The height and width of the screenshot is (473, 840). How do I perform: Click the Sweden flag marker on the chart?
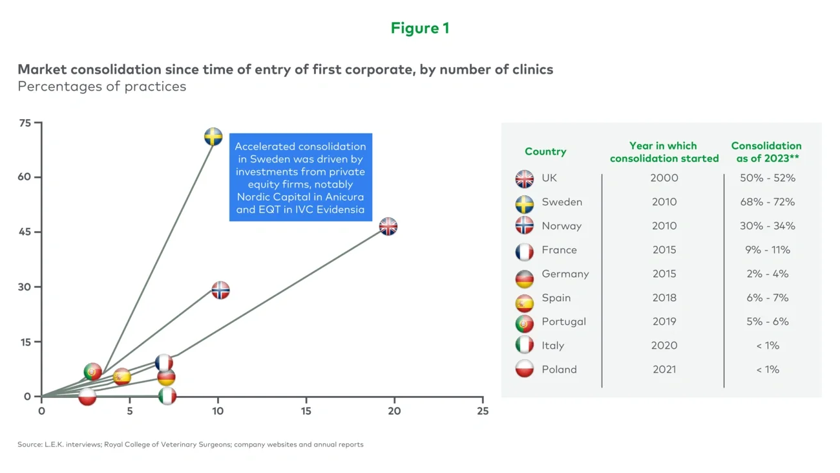213,137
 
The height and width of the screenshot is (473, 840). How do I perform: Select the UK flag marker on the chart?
388,226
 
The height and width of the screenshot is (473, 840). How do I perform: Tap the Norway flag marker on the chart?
220,290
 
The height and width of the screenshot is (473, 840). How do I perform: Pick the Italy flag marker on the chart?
167,396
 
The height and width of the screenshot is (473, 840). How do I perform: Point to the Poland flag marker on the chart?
87,397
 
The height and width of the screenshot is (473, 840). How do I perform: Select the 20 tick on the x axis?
394,411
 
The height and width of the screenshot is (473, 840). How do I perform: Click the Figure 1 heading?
420,28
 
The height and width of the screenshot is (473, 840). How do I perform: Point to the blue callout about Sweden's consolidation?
300,178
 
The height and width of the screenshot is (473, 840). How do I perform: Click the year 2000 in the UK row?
664,178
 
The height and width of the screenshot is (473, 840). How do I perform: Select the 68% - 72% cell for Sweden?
767,202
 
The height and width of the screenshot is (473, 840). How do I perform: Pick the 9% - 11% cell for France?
767,250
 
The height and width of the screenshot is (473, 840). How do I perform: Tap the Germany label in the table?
565,274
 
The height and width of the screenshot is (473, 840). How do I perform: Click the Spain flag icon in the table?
525,302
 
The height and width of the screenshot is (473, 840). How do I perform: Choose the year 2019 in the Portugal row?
664,322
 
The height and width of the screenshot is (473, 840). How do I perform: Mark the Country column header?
545,151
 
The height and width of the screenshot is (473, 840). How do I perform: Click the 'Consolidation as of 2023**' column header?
766,151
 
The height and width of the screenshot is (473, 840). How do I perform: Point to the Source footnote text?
191,445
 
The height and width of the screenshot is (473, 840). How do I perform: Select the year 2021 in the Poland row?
664,369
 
